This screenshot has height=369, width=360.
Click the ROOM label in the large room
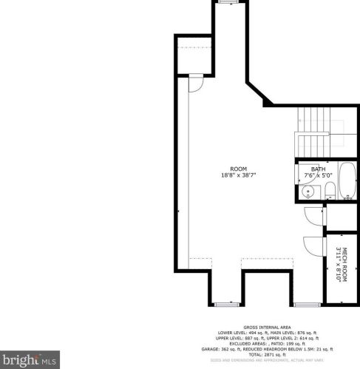point(238,169)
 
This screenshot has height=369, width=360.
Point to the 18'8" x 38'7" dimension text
point(238,175)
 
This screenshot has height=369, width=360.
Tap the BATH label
point(318,169)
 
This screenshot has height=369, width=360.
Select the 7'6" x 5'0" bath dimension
point(318,176)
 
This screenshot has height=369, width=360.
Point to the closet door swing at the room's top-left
point(196,85)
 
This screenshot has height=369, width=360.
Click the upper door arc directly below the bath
point(313,216)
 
